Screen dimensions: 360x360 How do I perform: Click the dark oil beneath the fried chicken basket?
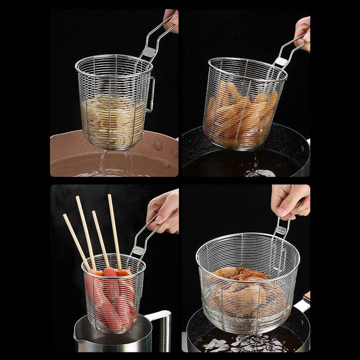click(234, 344)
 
